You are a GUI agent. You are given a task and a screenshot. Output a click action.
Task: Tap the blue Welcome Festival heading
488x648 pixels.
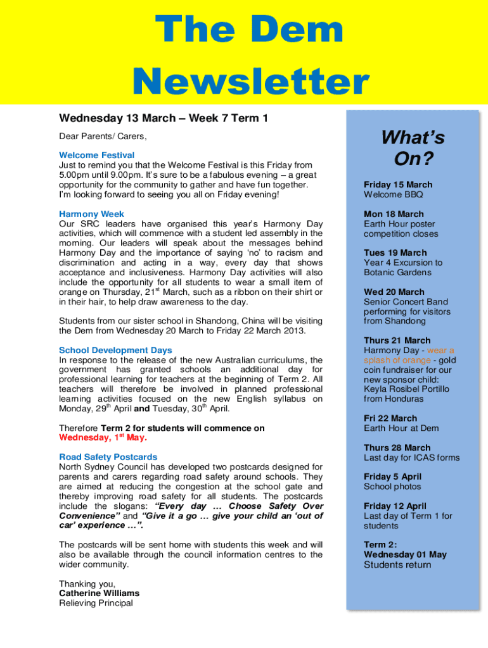coord(96,155)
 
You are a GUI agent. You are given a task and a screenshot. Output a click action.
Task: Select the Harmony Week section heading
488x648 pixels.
coord(91,214)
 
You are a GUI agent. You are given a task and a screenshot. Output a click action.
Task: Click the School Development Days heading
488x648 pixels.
coord(115,350)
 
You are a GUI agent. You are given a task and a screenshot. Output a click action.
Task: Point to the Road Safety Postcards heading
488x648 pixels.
coord(108,457)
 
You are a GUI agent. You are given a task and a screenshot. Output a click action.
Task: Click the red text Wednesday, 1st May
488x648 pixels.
coord(103,437)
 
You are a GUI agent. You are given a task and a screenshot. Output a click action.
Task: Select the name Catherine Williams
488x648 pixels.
coord(99,594)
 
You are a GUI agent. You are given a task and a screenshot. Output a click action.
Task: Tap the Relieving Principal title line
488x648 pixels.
coord(96,603)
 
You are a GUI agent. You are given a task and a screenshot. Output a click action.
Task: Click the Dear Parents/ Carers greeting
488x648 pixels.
coord(103,136)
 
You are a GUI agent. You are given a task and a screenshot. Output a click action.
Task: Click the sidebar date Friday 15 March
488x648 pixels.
coord(398,185)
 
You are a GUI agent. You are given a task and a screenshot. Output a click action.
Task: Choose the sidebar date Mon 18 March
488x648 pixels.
coord(394,214)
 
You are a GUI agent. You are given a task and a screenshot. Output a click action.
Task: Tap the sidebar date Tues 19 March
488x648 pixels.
coord(395,252)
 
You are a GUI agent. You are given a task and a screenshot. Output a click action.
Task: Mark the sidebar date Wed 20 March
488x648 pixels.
coord(394,292)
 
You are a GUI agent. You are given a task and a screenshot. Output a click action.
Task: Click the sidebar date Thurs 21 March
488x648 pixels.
coord(397,340)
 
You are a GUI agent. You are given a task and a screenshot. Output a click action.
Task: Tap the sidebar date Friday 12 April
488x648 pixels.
coord(395,506)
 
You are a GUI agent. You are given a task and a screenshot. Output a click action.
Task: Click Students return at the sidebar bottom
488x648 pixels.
coord(397,565)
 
